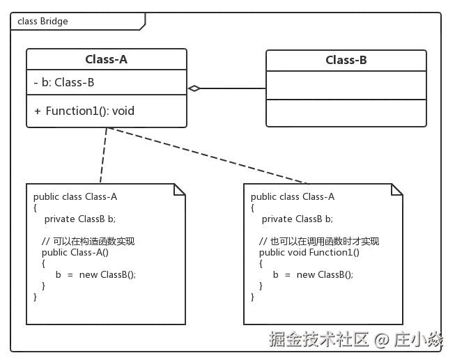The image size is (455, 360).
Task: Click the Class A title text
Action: pyautogui.click(x=106, y=59)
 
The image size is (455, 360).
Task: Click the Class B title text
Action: pyautogui.click(x=346, y=60)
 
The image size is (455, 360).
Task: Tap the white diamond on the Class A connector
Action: pyautogui.click(x=194, y=88)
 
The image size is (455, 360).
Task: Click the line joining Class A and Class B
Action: pyautogui.click(x=230, y=87)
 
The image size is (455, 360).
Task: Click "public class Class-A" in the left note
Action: pyautogui.click(x=75, y=197)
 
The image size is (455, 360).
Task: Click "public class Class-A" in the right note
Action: pyautogui.click(x=293, y=197)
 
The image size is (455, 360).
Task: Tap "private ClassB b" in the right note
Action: pyautogui.click(x=299, y=219)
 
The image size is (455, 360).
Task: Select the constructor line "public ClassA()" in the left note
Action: pyautogui.click(x=75, y=252)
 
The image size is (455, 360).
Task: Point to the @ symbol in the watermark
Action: pyautogui.click(x=380, y=340)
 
